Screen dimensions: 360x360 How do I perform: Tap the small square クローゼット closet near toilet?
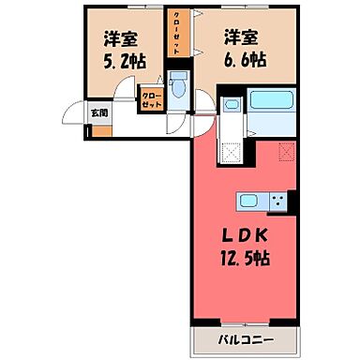coord(151,100)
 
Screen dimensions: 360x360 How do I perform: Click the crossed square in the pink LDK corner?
coord(286,149)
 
